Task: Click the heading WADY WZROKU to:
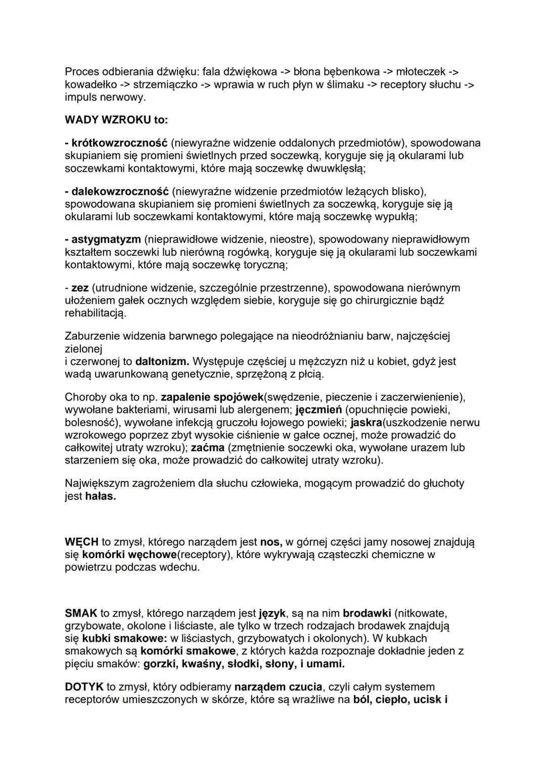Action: click(x=116, y=120)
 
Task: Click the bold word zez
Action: click(x=80, y=288)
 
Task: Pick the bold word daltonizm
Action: click(x=162, y=361)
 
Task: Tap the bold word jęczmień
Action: click(x=318, y=410)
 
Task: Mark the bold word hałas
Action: click(x=100, y=496)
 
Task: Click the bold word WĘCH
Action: click(x=81, y=542)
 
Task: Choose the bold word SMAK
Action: click(x=81, y=613)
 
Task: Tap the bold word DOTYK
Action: click(x=84, y=687)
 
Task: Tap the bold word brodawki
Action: click(x=367, y=613)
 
